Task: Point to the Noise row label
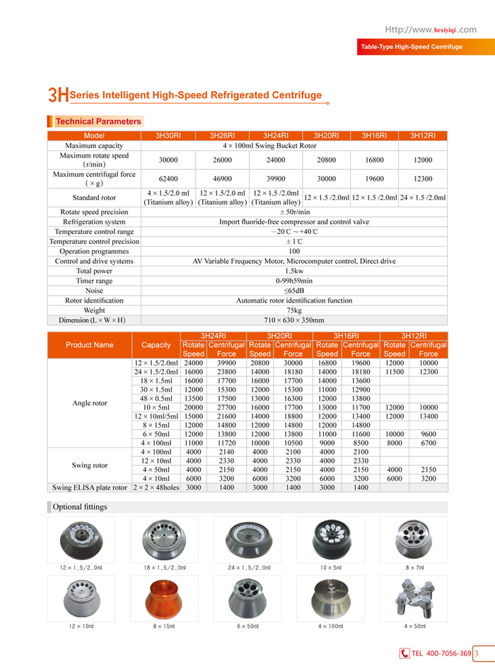click(x=94, y=291)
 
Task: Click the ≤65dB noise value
click(x=294, y=291)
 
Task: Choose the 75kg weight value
click(x=294, y=310)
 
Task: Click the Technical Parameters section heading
click(x=98, y=122)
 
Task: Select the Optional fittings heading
click(x=80, y=507)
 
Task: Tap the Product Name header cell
click(x=89, y=345)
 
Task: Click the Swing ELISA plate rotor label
click(x=90, y=487)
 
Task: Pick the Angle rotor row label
click(x=90, y=403)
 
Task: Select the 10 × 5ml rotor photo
click(x=330, y=538)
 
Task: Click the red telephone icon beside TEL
click(x=404, y=653)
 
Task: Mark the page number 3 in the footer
click(x=477, y=653)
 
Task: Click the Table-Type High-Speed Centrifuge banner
click(x=412, y=47)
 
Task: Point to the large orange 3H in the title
click(x=58, y=95)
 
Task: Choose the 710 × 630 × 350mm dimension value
click(x=294, y=320)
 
